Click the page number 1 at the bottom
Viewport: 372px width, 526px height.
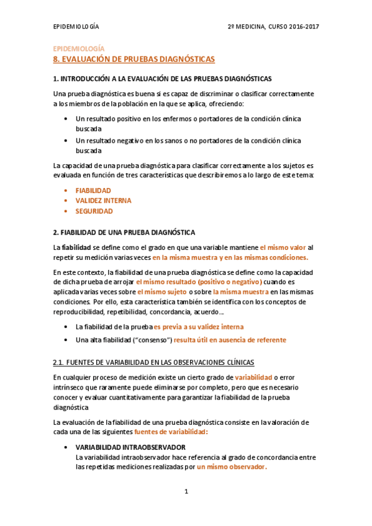pyautogui.click(x=186, y=492)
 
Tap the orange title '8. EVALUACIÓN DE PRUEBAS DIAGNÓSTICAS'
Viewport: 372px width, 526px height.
pyautogui.click(x=134, y=59)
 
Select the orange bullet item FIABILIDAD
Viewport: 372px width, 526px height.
pyautogui.click(x=93, y=190)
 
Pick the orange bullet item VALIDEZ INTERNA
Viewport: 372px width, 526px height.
pyautogui.click(x=103, y=200)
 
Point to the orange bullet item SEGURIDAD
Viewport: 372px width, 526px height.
pyautogui.click(x=94, y=211)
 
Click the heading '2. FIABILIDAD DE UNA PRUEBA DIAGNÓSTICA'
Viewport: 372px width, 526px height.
pyautogui.click(x=124, y=232)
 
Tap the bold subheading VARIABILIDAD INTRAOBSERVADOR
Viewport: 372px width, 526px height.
pyautogui.click(x=130, y=447)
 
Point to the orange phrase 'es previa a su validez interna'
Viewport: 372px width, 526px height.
pyautogui.click(x=199, y=326)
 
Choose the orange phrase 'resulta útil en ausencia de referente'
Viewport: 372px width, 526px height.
pyautogui.click(x=230, y=340)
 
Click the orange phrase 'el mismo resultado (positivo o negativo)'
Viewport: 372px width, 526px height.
pyautogui.click(x=193, y=282)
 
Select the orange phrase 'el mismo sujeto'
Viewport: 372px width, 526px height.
pyautogui.click(x=161, y=292)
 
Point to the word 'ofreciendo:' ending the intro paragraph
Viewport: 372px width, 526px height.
pyautogui.click(x=226, y=103)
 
